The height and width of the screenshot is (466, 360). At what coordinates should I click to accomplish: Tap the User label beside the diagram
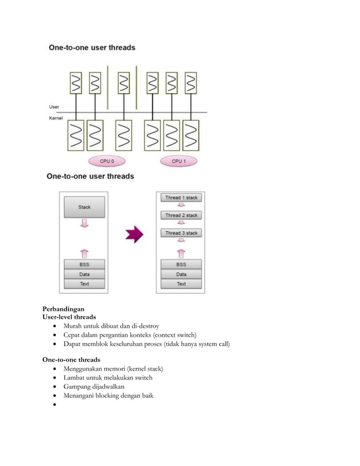click(x=54, y=107)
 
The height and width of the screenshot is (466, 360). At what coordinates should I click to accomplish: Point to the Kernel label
click(x=56, y=118)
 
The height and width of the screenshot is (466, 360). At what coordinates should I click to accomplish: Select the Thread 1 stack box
click(x=181, y=198)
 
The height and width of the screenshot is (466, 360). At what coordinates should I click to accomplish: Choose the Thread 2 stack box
click(x=181, y=216)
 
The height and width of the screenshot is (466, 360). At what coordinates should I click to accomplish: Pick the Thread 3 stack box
click(x=181, y=233)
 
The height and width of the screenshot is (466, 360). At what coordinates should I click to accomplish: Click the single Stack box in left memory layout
click(x=84, y=207)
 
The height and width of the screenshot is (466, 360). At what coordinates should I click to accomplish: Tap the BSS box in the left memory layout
click(x=84, y=264)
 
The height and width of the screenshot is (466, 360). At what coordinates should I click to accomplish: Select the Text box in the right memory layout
click(x=181, y=284)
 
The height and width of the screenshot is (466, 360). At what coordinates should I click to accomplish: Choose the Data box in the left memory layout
click(x=84, y=274)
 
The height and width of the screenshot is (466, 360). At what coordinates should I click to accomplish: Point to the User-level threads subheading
click(x=69, y=317)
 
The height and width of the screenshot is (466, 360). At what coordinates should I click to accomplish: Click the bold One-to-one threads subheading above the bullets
click(x=71, y=359)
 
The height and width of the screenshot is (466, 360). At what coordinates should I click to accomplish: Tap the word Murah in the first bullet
click(x=74, y=326)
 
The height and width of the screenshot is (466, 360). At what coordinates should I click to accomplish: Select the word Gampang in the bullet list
click(x=78, y=386)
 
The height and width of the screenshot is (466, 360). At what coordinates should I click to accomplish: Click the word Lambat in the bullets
click(x=75, y=377)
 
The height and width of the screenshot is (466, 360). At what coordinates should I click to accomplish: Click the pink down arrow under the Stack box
click(x=84, y=224)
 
